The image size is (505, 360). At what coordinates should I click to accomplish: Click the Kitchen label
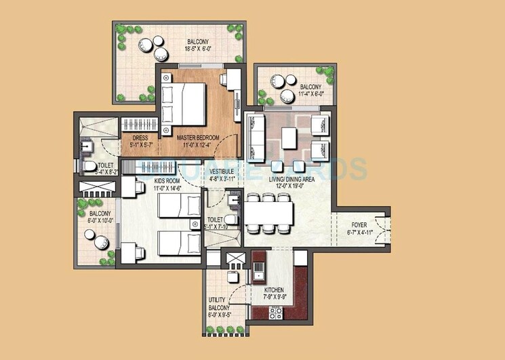click(x=275, y=290)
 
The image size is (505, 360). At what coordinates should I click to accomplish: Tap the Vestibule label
click(x=222, y=172)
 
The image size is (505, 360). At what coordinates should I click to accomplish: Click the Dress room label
click(x=141, y=137)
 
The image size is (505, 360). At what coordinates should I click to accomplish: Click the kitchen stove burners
click(x=276, y=313)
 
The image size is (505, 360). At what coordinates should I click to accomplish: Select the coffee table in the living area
click(x=289, y=138)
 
